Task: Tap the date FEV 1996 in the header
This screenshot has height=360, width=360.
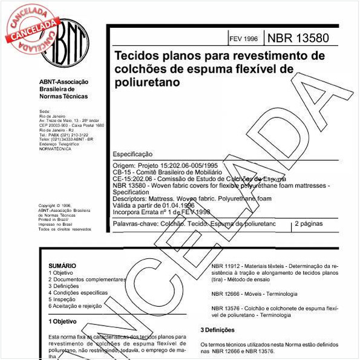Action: pos(243,39)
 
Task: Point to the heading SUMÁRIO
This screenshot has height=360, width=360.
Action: pos(62,266)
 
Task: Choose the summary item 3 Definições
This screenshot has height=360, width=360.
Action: pos(65,286)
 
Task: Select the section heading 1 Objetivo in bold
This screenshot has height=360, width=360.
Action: pos(62,321)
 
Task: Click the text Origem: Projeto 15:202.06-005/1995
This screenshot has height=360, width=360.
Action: pos(162,165)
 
